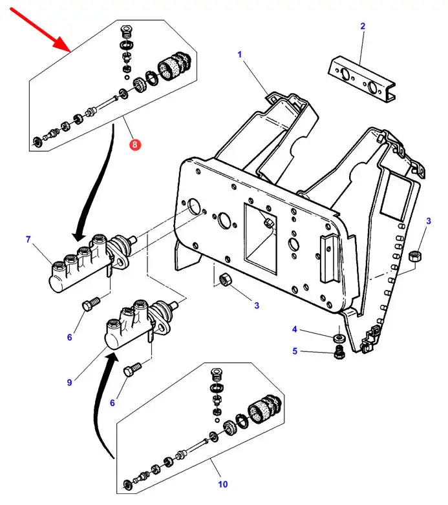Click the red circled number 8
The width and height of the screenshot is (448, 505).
(x=134, y=145)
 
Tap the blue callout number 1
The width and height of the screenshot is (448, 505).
(x=239, y=54)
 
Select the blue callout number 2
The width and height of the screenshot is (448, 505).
(x=363, y=26)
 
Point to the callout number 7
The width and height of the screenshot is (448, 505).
(x=28, y=240)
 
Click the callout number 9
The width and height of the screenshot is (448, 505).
(x=69, y=382)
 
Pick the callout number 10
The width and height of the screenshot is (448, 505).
(x=223, y=484)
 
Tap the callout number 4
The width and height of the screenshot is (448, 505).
(x=294, y=329)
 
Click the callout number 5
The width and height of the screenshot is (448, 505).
(x=295, y=351)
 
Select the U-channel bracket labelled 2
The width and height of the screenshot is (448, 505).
(x=361, y=79)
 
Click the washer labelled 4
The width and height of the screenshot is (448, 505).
(x=339, y=338)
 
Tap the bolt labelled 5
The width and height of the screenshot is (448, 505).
(x=339, y=352)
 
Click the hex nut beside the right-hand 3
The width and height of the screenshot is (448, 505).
(x=414, y=256)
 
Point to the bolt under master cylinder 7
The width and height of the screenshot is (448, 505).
(x=91, y=304)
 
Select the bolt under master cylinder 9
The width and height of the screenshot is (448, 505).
(x=132, y=369)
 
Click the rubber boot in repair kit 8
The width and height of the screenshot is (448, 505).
(x=175, y=66)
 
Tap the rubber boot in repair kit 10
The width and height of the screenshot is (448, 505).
(x=264, y=409)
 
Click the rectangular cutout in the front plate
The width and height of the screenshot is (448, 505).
(x=261, y=239)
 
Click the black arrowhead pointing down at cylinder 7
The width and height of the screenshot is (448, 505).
(x=79, y=237)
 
